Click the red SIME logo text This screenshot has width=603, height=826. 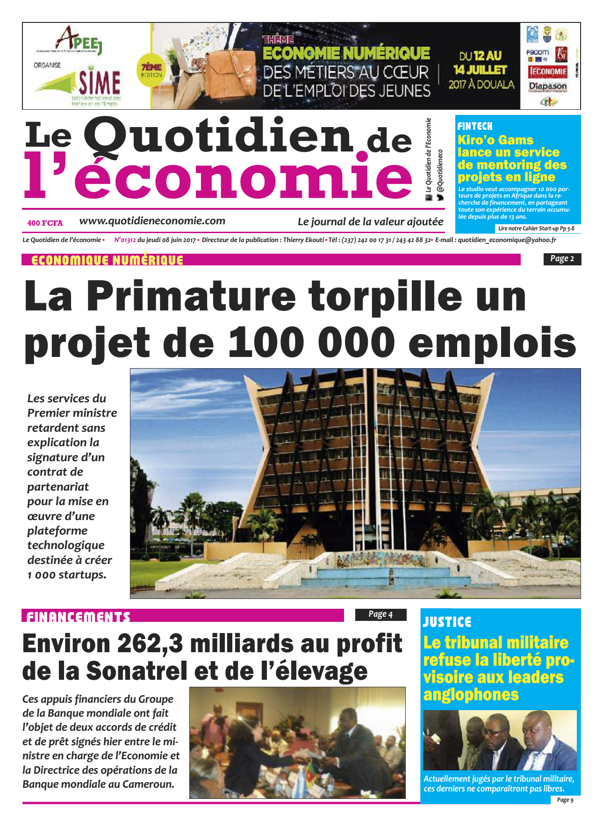pyautogui.click(x=99, y=83)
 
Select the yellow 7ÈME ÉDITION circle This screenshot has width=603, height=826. pyautogui.click(x=151, y=71)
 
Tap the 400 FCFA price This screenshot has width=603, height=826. pyautogui.click(x=45, y=223)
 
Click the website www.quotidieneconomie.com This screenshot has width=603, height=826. pyautogui.click(x=152, y=221)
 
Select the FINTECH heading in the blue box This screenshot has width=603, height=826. pyautogui.click(x=475, y=126)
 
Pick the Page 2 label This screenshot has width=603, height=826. pyautogui.click(x=562, y=259)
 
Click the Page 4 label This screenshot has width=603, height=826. pyautogui.click(x=380, y=614)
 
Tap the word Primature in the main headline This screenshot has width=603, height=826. pyautogui.click(x=191, y=296)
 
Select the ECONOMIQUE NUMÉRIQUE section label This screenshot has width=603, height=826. pyautogui.click(x=107, y=260)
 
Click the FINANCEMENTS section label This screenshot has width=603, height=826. pyautogui.click(x=78, y=617)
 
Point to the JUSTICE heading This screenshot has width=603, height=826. pyautogui.click(x=447, y=622)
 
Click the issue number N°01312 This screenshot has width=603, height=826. pyautogui.click(x=125, y=240)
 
